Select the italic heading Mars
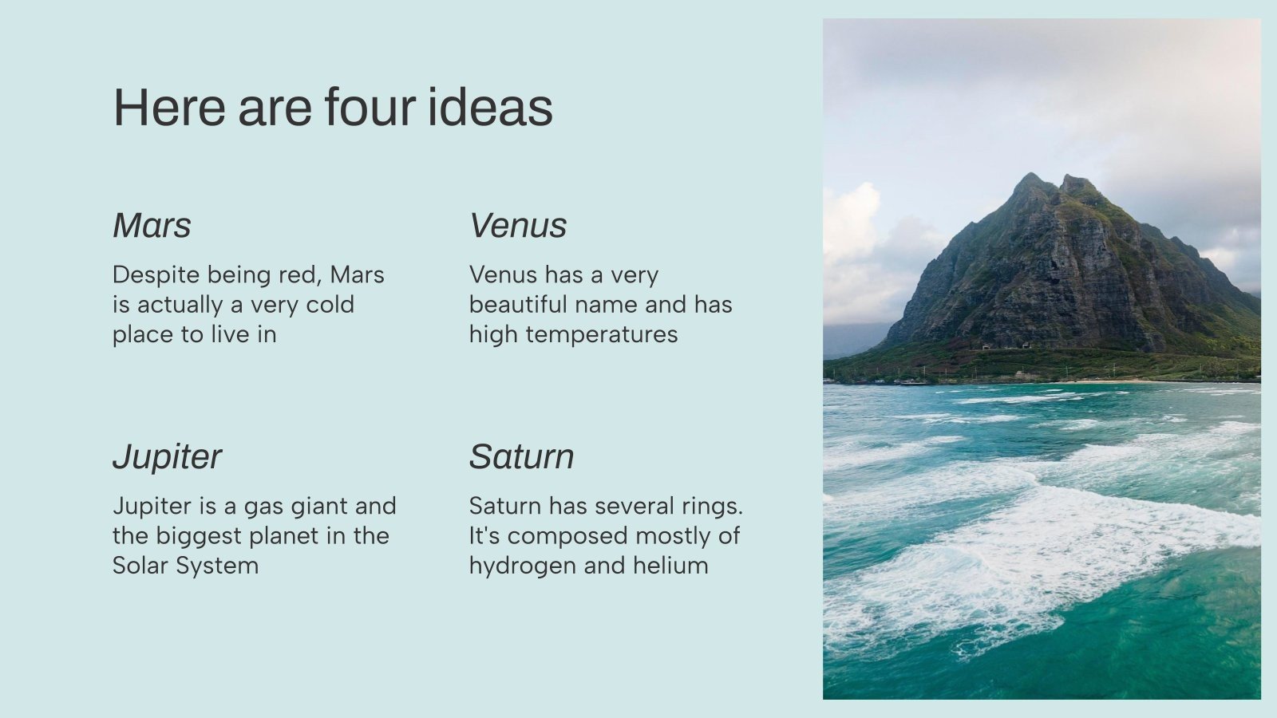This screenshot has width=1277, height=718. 152,226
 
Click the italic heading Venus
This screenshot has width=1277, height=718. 518,226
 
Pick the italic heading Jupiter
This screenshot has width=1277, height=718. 167,457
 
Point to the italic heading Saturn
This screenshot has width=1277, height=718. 521,457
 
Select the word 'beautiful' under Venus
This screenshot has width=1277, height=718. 518,305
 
